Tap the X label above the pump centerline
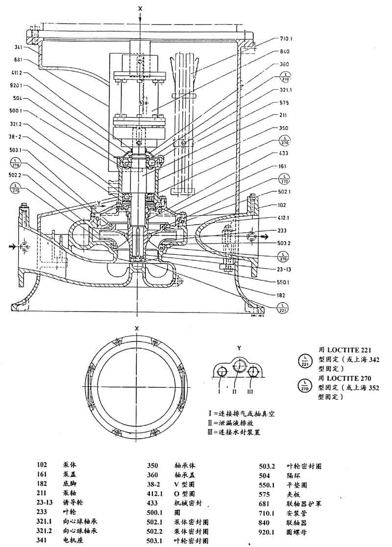(x=141, y=8)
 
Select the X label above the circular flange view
(x=137, y=329)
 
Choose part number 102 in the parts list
(x=43, y=464)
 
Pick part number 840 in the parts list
(x=265, y=522)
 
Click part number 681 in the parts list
(x=265, y=503)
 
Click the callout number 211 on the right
(x=283, y=116)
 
